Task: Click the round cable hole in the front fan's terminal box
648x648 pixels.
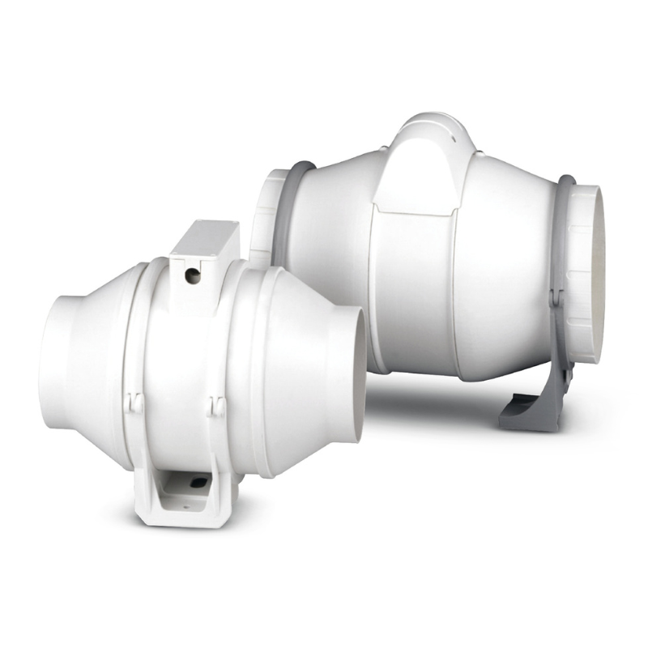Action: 192,276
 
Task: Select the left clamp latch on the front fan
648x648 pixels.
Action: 134,403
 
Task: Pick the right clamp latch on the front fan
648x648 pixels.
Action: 216,405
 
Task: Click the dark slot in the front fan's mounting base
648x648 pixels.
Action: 197,483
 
